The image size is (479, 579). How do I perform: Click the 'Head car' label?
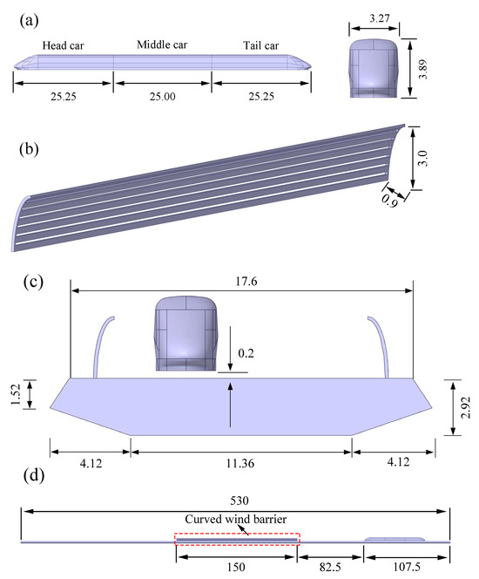tap(63, 45)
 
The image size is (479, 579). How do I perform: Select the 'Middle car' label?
tap(162, 44)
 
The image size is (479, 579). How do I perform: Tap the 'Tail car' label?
tap(260, 45)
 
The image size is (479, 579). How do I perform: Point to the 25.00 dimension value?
tap(162, 97)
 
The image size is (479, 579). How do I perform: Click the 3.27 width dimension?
tap(380, 18)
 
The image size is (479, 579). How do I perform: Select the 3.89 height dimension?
tap(423, 69)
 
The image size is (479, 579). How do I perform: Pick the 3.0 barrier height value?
tap(422, 158)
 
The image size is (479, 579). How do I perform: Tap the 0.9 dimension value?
tap(389, 201)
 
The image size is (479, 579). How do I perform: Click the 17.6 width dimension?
tap(246, 282)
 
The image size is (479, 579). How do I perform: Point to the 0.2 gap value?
tap(246, 353)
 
